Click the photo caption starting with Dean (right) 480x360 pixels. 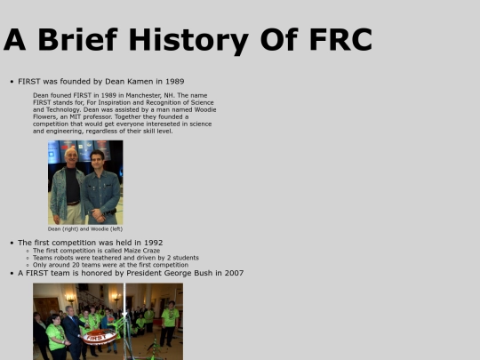coord(85,228)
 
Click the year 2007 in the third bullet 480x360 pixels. coord(234,273)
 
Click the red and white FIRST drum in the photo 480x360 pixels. coord(100,338)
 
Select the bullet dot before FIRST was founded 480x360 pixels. coord(12,82)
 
